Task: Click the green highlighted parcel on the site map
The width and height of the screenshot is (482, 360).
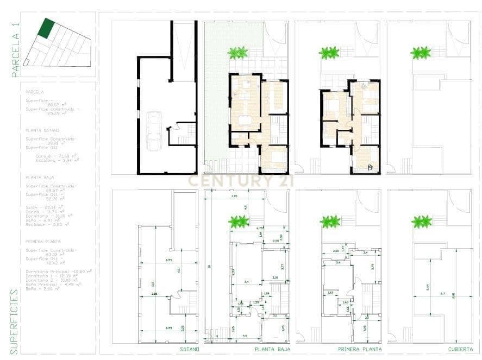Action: coord(46,28)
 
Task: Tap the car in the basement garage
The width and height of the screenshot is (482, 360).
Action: coord(154,132)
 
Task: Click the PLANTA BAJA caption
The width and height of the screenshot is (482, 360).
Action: coord(273,349)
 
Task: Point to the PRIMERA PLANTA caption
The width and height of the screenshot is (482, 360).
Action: coord(359,349)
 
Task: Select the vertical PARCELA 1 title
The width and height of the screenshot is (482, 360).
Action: coord(16,48)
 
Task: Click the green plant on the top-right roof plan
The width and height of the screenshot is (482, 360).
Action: coord(420,53)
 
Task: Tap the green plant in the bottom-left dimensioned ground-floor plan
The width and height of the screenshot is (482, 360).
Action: coord(238,222)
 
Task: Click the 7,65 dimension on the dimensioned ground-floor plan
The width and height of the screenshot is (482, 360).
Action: coord(234,196)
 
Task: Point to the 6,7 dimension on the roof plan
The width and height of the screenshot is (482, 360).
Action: coord(442,294)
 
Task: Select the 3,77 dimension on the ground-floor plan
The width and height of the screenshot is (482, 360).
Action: coord(282,267)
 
